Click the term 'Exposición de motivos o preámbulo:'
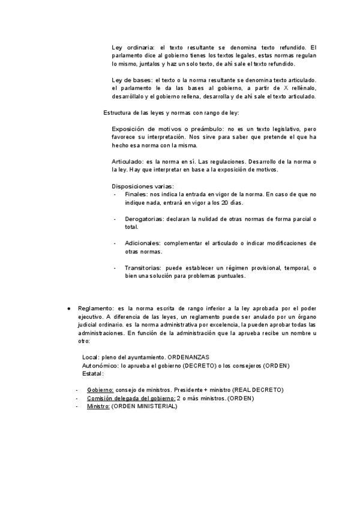(166, 129)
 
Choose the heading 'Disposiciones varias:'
(143, 187)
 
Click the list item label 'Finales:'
(136, 195)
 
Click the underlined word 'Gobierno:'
(100, 390)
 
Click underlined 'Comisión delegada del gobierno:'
(131, 398)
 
